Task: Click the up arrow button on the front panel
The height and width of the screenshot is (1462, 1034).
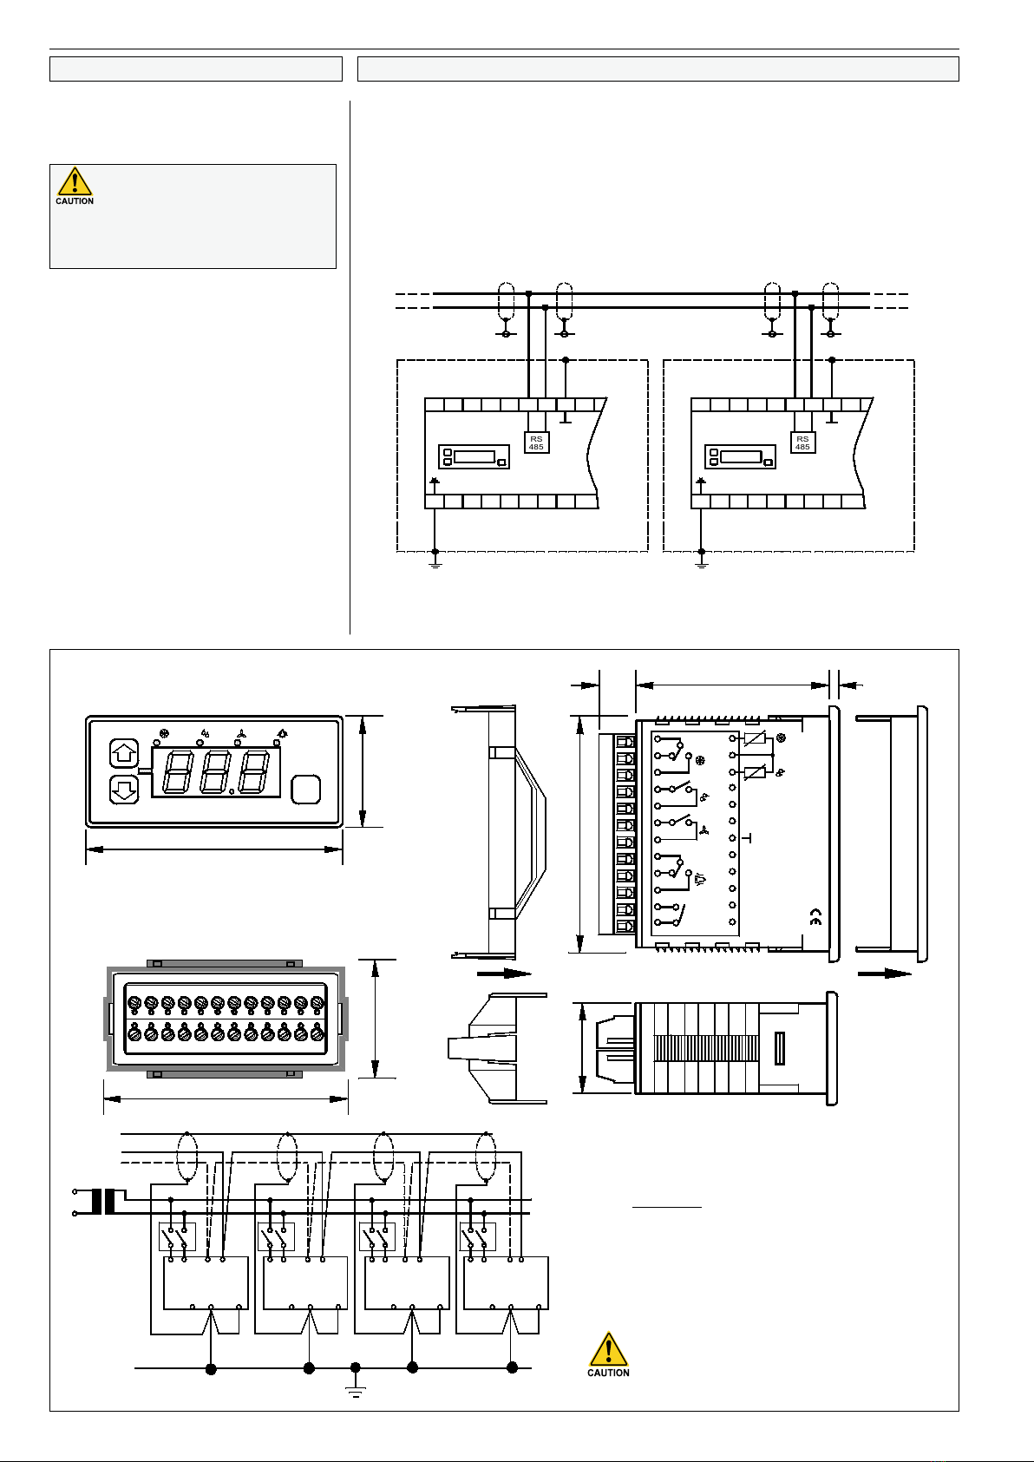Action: point(124,754)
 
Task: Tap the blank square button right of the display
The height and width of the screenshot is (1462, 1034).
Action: point(305,789)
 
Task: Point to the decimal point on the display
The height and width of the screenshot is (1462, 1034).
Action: point(232,792)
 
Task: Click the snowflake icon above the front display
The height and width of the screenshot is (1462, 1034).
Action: point(164,733)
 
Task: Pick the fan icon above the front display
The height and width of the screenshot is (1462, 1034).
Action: point(241,734)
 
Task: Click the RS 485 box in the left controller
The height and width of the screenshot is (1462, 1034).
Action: point(536,443)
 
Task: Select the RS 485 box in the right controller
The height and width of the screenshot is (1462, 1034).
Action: point(802,443)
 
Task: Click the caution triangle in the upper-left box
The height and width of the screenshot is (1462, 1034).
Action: point(75,182)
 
